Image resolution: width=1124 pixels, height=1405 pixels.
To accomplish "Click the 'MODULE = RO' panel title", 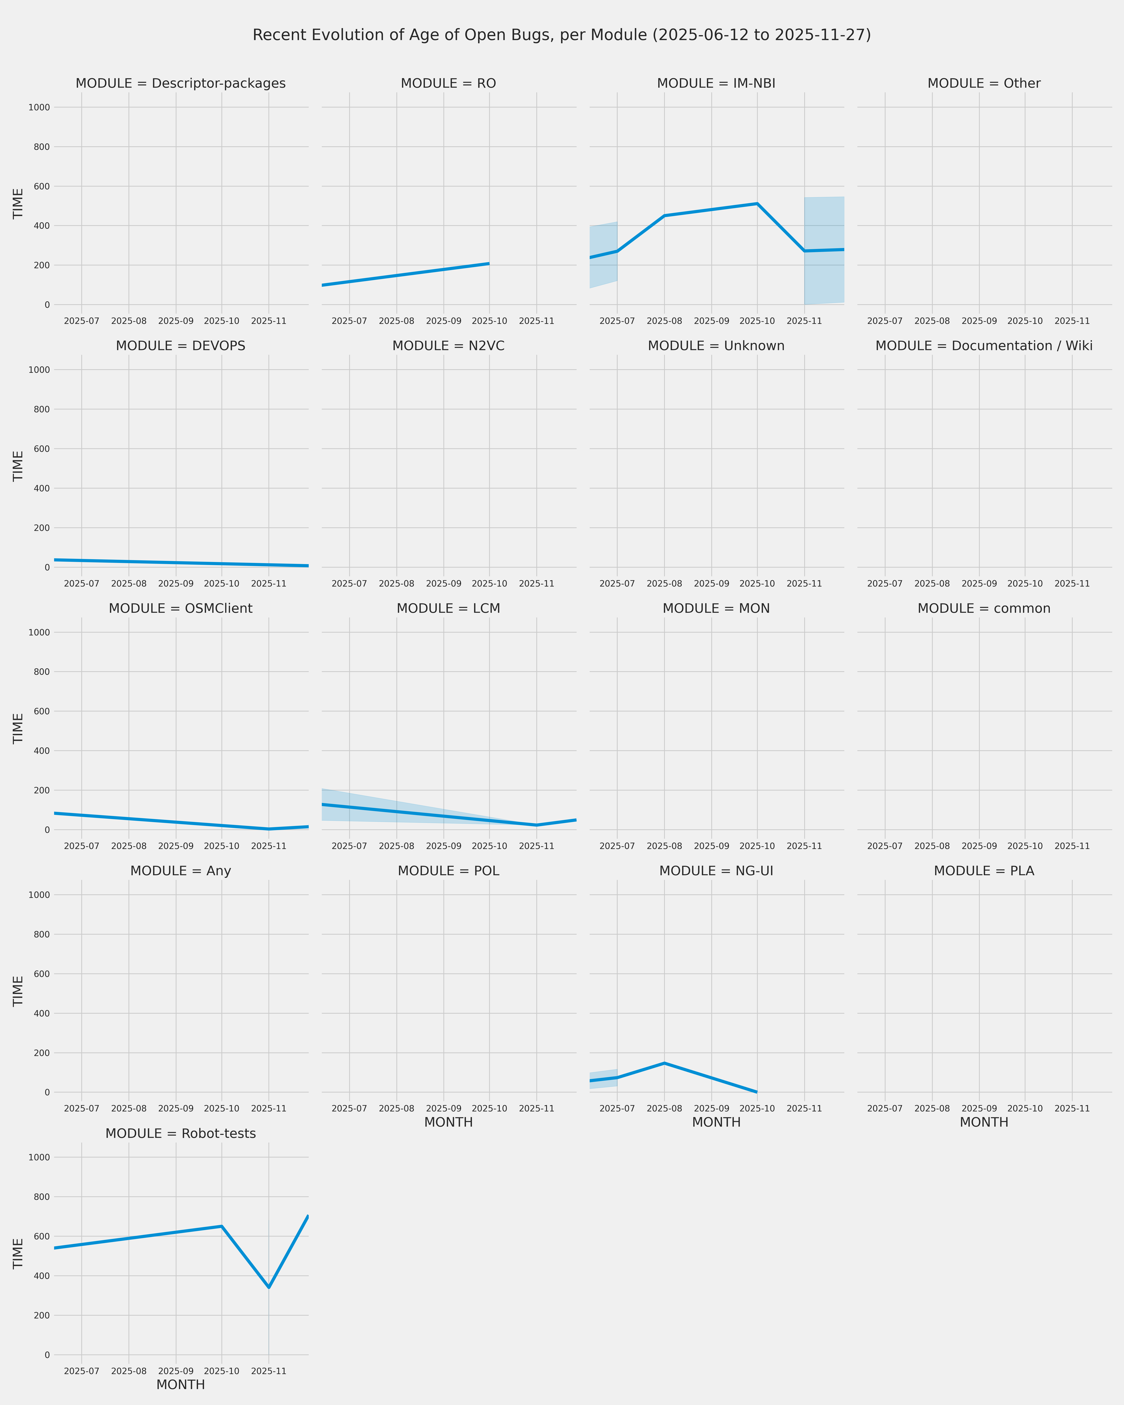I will click(448, 83).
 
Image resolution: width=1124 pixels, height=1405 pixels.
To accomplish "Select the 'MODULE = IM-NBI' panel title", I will click(716, 83).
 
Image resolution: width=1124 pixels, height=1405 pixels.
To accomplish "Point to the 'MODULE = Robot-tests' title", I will click(180, 1133).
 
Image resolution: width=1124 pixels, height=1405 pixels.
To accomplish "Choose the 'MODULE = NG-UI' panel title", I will click(716, 871).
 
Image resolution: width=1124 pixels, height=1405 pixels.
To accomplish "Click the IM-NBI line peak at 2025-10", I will click(757, 204).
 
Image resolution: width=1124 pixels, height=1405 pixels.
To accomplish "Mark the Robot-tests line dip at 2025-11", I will click(268, 1287).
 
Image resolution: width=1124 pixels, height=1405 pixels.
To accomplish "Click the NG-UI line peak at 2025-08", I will click(664, 1063).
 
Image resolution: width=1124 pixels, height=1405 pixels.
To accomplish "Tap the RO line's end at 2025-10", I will click(489, 264).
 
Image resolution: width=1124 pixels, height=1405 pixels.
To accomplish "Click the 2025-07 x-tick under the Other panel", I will click(885, 321).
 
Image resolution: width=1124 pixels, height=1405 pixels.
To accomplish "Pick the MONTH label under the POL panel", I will click(448, 1122).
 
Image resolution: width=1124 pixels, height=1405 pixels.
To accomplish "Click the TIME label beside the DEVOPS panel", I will click(18, 466).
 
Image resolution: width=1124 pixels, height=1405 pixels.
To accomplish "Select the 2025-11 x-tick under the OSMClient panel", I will click(268, 846).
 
